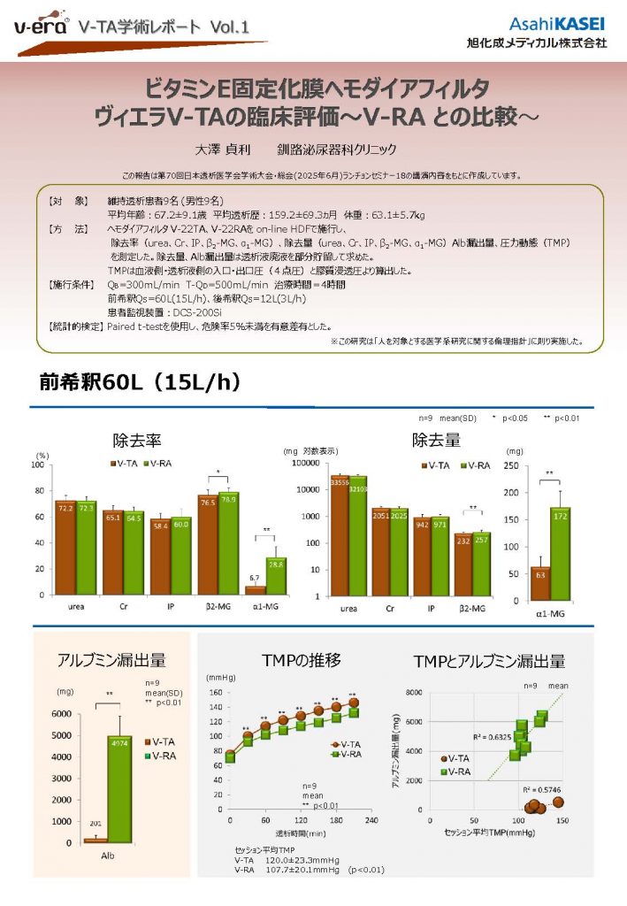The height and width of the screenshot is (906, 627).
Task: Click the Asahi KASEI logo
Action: coord(557,23)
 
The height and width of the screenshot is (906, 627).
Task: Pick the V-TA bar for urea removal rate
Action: coord(65,547)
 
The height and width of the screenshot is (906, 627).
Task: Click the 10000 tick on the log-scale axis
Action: coord(316,489)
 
